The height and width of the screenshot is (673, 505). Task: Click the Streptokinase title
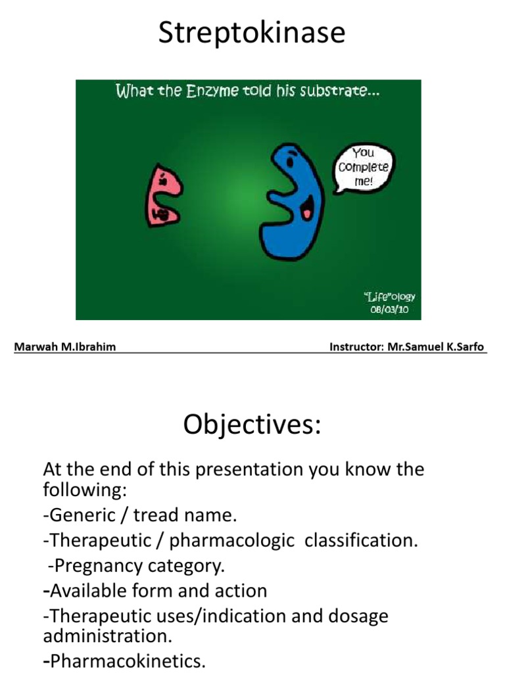click(252, 33)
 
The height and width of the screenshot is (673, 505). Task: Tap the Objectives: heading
click(252, 425)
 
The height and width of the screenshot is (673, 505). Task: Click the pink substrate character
click(162, 195)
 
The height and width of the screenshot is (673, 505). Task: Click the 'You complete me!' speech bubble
click(364, 167)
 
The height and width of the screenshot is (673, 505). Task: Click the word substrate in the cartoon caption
click(345, 91)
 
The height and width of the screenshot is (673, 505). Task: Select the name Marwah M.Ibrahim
click(65, 346)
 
